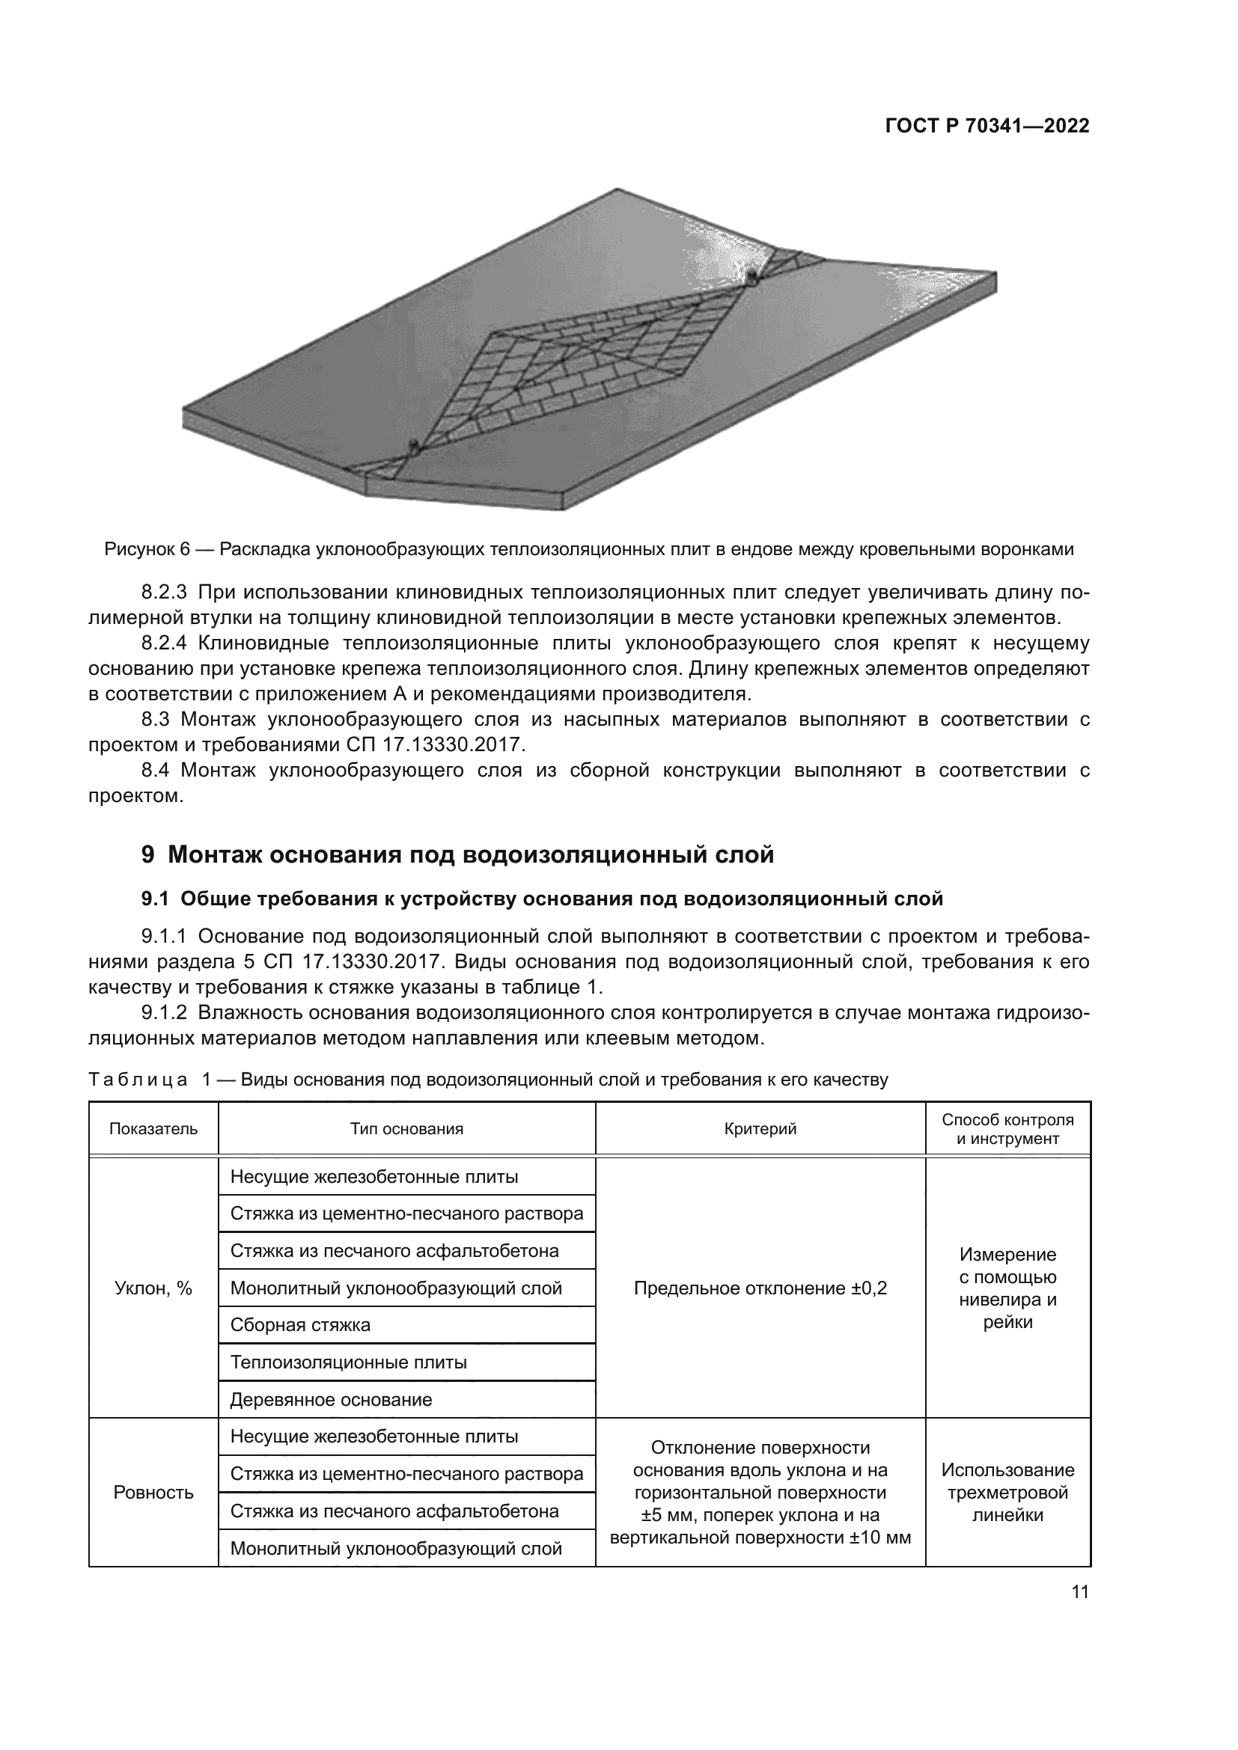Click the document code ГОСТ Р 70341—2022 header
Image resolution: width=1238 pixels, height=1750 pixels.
tap(987, 126)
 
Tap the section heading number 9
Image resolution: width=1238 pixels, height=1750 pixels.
tap(148, 855)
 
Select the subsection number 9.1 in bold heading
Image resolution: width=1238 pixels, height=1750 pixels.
tap(155, 899)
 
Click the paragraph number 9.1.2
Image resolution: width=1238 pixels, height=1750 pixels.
tap(164, 1013)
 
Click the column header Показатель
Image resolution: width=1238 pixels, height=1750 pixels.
tap(153, 1129)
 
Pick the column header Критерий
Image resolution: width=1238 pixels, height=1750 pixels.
tap(760, 1129)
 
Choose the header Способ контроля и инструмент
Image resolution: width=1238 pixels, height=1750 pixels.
tap(1007, 1129)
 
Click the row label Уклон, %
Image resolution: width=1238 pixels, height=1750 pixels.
tap(153, 1288)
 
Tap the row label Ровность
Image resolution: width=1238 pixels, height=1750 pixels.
tap(153, 1493)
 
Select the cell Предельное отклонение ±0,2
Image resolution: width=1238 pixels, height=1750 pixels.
tap(760, 1288)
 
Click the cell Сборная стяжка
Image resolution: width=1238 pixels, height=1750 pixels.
tap(300, 1325)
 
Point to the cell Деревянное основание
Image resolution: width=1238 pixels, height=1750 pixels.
tap(331, 1399)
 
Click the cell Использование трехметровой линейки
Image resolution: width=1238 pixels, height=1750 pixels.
tap(1007, 1493)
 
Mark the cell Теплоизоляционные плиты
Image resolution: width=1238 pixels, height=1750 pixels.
tap(348, 1362)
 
